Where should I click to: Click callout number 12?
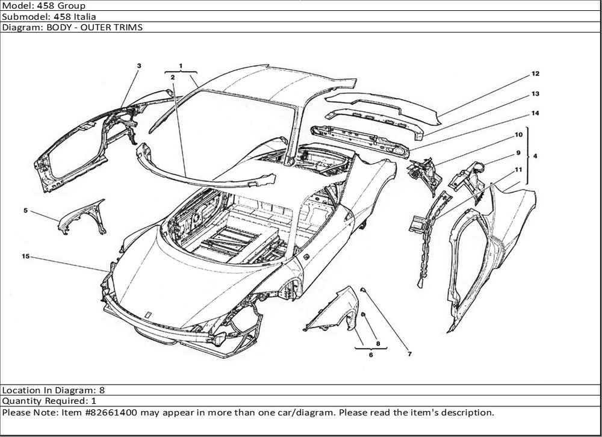pos(535,73)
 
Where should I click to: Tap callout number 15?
pos(25,256)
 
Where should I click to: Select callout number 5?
pos(25,211)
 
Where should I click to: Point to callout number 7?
pos(409,354)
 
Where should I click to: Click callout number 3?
pos(139,66)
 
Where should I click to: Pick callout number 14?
pos(535,113)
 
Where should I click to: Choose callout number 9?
pos(518,153)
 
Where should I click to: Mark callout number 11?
pos(518,170)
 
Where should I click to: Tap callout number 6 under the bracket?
pos(371,355)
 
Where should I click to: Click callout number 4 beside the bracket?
pos(535,157)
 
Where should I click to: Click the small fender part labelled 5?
pos(82,217)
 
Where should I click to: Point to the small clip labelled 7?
pos(362,289)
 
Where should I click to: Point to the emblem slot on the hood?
pos(147,314)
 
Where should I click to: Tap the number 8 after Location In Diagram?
pos(102,390)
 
